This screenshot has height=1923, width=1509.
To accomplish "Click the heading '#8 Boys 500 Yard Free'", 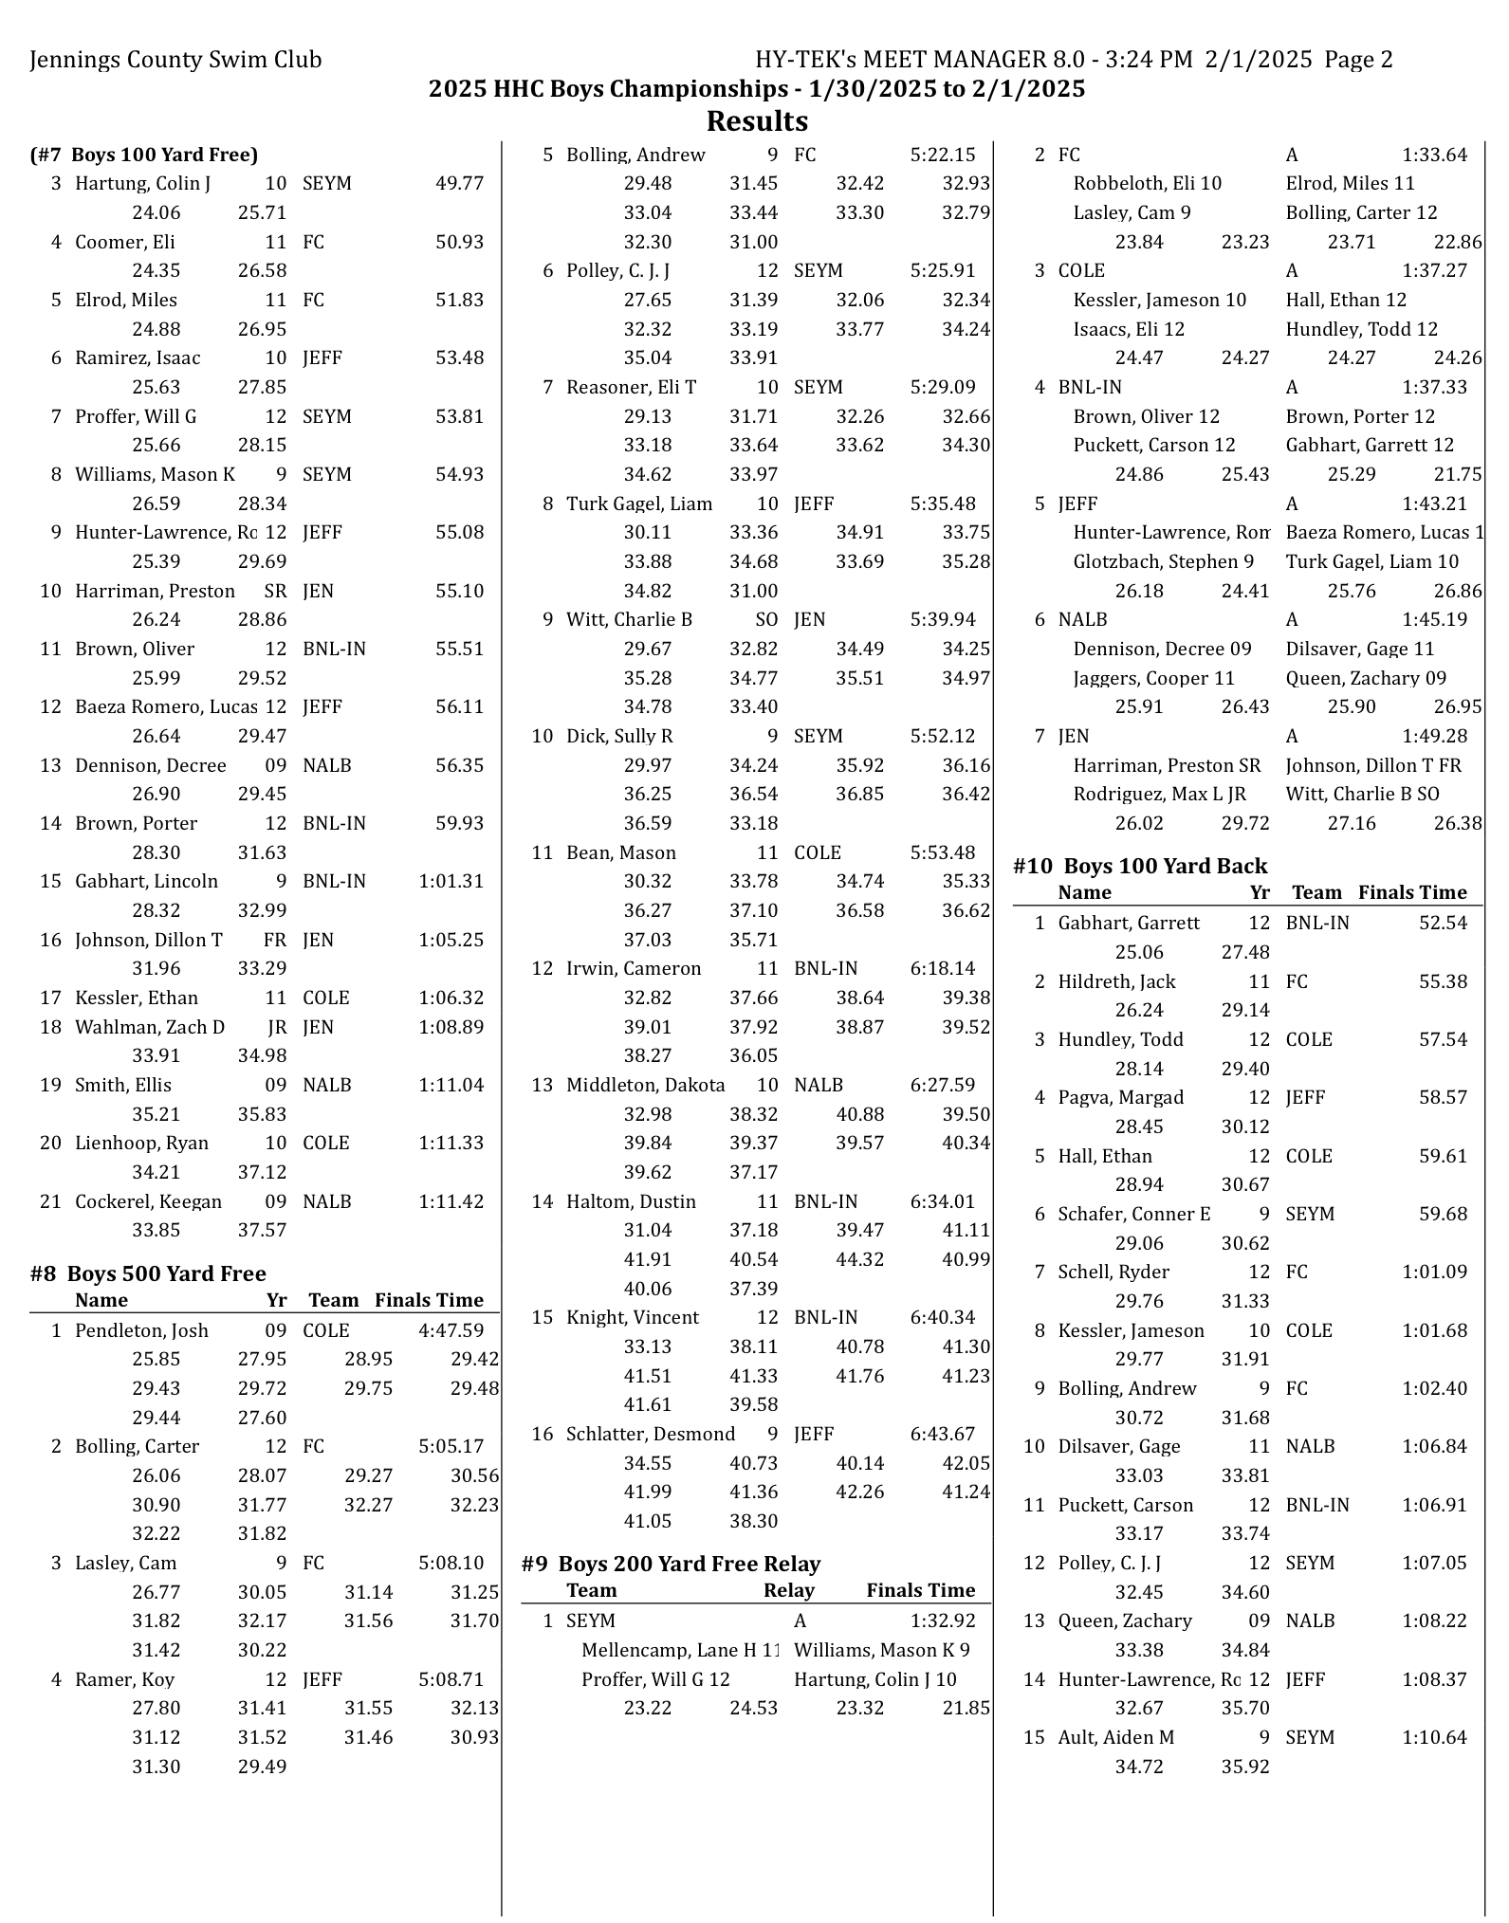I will (x=148, y=1273).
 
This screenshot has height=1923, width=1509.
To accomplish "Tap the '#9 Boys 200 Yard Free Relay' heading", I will (x=671, y=1564).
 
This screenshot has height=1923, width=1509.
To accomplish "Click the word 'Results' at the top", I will (x=757, y=121).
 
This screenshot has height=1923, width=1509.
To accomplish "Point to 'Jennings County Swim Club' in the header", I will (x=176, y=60).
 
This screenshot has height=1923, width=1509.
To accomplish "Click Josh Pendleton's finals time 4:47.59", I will (x=451, y=1330).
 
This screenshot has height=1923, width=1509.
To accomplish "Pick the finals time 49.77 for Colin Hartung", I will (x=459, y=183).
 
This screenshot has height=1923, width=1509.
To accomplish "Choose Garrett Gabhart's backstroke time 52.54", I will (x=1442, y=923).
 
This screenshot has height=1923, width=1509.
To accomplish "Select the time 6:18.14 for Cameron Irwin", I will (x=942, y=968).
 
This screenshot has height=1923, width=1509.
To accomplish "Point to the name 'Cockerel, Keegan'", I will (x=148, y=1201).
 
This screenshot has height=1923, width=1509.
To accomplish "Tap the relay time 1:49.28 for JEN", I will (x=1434, y=736).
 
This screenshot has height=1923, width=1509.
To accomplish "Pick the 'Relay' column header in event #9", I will (x=788, y=1590).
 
